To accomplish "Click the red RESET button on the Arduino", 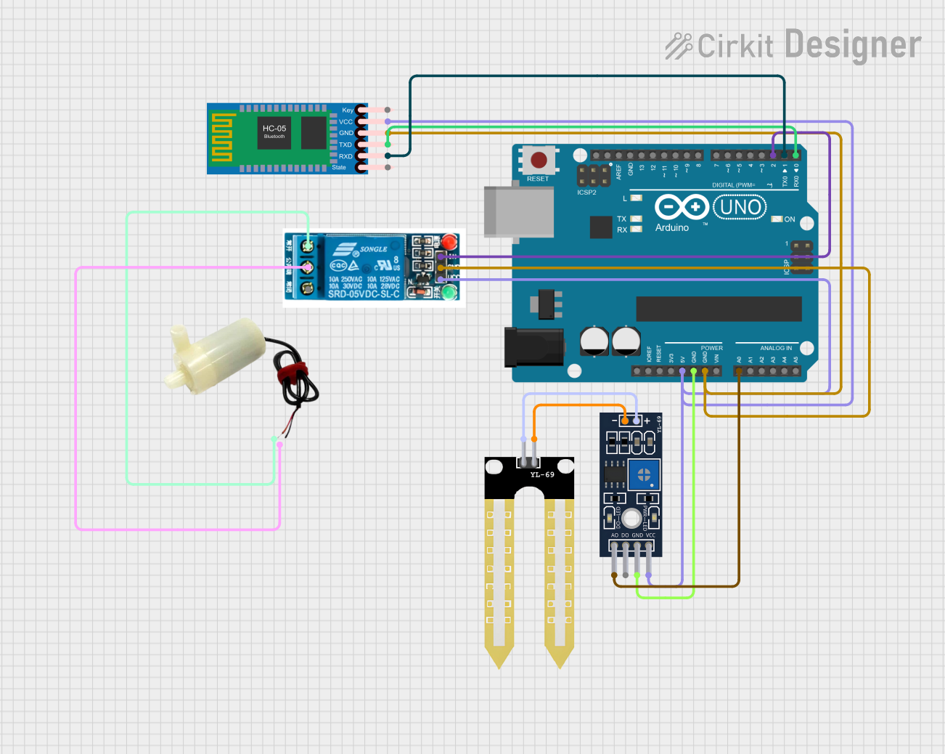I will pos(539,160).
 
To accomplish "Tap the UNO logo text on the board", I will pos(740,208).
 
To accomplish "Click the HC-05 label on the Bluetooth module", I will pos(274,129).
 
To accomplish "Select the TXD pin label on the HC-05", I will pos(345,145).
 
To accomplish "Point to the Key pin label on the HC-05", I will pos(348,110).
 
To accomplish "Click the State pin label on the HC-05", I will pos(339,168).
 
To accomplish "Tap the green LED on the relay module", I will pos(449,293).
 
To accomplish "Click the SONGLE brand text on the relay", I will pos(373,249).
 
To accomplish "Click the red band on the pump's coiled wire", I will pos(292,374).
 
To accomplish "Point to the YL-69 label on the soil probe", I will pos(541,475).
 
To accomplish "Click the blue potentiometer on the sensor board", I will pos(644,476).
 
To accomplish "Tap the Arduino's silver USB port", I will pos(518,211).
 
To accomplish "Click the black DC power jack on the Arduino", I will pos(534,347).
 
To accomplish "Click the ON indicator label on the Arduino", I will pos(789,219).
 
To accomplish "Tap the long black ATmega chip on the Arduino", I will pos(719,309).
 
